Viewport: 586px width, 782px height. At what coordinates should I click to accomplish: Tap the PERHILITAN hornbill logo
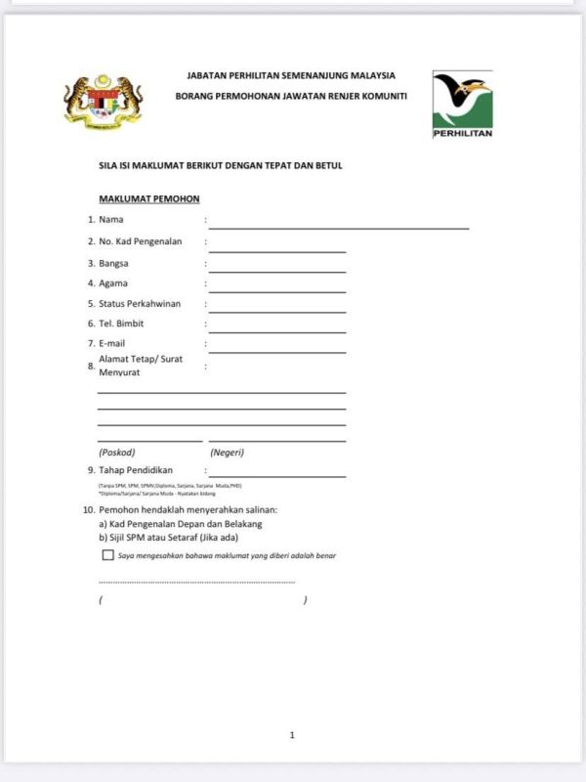coord(462,103)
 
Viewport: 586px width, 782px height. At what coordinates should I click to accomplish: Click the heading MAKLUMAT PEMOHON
coord(149,199)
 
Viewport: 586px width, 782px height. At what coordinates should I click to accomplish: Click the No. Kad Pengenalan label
coord(141,241)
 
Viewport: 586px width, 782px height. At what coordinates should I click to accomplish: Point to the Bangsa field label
coord(113,263)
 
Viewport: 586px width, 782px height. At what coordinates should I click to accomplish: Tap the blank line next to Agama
coord(277,290)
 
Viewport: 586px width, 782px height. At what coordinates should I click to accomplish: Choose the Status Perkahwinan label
coord(140,304)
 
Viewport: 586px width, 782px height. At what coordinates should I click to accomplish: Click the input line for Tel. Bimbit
coord(277,331)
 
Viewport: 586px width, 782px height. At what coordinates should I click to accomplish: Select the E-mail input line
coord(277,351)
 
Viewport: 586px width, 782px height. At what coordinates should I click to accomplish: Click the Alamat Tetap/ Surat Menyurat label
coord(141,366)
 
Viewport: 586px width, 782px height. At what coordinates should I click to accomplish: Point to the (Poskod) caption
coord(117,453)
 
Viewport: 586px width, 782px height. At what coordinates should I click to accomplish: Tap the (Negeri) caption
coord(227,453)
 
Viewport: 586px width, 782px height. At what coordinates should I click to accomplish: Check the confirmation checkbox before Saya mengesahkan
coord(107,555)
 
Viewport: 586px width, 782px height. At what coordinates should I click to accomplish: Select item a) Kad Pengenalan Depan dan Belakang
coord(181,524)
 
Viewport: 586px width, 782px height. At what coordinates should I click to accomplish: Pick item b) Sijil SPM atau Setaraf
coord(168,537)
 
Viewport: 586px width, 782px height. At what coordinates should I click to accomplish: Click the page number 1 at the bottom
coord(292,735)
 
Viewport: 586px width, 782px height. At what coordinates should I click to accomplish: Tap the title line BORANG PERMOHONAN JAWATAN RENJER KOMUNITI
coord(291,96)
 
